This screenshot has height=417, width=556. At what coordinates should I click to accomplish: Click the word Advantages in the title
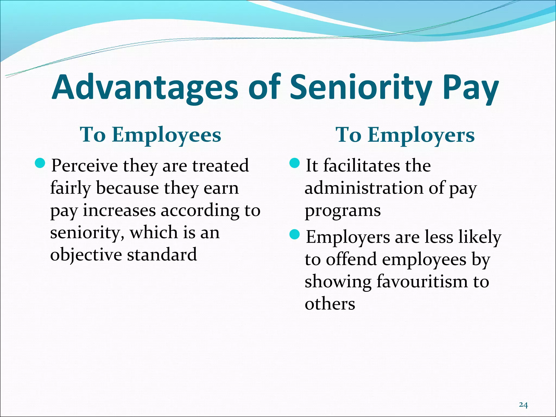point(145,87)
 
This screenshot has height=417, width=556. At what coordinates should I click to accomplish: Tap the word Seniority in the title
point(361,87)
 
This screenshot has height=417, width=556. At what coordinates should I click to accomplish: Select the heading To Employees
point(150,135)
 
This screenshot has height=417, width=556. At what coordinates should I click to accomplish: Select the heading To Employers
point(405,135)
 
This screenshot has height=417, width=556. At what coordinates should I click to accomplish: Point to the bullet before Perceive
point(40,163)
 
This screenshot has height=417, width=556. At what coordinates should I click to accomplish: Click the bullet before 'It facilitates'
point(294,163)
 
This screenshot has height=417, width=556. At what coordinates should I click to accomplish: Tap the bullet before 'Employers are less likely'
point(294,235)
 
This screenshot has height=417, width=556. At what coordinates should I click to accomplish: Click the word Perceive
point(84,166)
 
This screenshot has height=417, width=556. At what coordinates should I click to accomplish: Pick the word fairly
point(70,188)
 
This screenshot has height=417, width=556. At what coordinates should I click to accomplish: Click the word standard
point(162,254)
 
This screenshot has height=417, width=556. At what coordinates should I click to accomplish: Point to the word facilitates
point(362,165)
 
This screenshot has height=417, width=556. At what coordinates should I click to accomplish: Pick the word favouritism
point(422,281)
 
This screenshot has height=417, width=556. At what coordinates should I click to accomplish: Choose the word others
point(330,304)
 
